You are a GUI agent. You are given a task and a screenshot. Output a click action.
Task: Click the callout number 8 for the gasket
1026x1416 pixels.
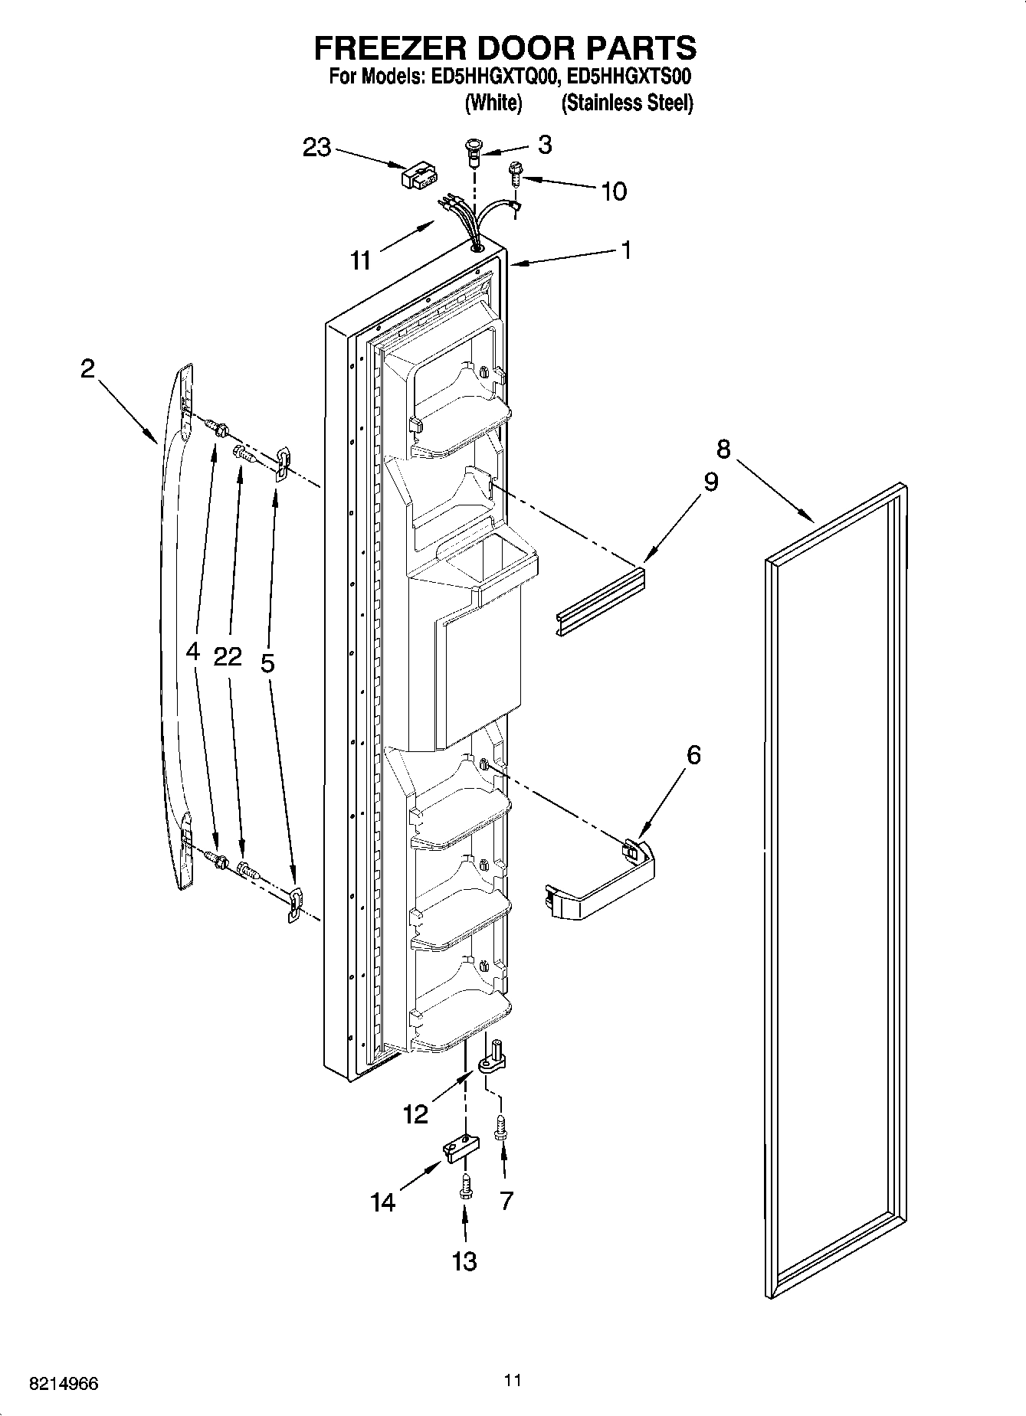(723, 448)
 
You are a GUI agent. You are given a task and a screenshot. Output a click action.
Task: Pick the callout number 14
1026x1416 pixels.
(383, 1203)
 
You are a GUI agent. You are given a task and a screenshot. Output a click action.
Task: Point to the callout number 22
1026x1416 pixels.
(228, 656)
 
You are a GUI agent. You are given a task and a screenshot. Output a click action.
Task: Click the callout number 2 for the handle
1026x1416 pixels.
(87, 369)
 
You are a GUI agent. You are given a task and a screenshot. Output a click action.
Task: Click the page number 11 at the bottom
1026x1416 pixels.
(513, 1380)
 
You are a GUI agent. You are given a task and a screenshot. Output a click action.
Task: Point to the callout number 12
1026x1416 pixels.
(415, 1114)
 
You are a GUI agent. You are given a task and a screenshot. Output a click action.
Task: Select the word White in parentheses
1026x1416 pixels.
(493, 103)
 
